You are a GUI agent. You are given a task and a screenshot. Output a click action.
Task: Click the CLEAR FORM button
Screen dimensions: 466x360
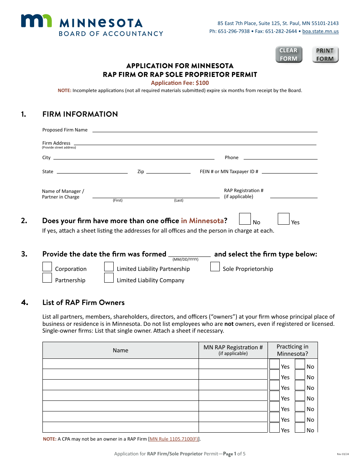coord(289,55)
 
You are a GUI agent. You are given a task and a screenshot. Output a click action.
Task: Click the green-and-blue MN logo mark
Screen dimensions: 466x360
coord(36,21)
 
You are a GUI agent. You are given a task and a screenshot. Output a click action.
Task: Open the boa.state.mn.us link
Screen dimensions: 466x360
coord(320,31)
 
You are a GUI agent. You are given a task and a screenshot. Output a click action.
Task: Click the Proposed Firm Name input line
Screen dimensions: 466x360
coord(205,129)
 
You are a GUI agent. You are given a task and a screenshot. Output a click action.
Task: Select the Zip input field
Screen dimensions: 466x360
coord(168,171)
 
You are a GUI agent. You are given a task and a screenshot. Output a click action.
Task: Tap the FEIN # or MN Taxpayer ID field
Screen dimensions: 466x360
coord(290,171)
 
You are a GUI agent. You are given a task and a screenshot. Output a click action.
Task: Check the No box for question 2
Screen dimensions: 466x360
coord(245,219)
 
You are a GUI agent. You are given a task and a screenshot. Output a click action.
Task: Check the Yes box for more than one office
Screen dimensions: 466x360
coord(283,219)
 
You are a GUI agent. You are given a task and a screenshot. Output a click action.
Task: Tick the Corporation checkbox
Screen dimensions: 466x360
coord(47,267)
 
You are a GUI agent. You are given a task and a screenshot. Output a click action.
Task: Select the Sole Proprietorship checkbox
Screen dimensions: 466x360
coord(215,267)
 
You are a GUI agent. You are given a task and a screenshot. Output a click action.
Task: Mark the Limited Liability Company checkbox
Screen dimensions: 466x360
coord(109,278)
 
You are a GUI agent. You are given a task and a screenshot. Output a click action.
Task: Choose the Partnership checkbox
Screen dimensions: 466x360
coord(47,278)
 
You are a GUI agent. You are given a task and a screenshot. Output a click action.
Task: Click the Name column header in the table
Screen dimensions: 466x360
coord(121,350)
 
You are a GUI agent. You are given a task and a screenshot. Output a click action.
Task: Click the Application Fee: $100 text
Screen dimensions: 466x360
coord(180,83)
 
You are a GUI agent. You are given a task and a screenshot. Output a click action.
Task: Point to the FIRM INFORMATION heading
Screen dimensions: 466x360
coord(80,114)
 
